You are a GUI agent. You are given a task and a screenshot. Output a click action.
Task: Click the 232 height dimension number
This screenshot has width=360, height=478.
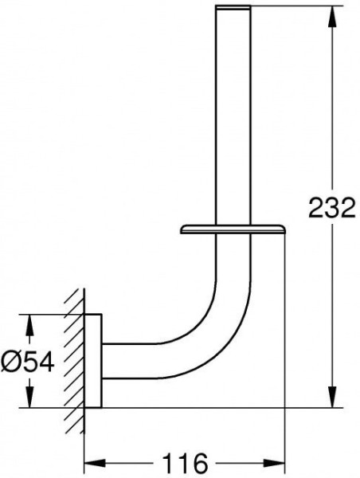click(x=332, y=208)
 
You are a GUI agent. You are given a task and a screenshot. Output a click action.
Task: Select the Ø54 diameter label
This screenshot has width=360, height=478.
click(x=27, y=362)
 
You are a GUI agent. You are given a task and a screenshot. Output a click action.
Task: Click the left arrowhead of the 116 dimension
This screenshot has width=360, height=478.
click(x=95, y=463)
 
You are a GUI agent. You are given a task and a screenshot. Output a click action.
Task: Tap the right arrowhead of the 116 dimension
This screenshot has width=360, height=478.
click(x=274, y=463)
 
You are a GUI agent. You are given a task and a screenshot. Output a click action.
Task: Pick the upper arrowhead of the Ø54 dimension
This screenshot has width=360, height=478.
click(x=29, y=325)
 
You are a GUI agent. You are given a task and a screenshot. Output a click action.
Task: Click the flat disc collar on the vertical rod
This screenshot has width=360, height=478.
click(x=233, y=229)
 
